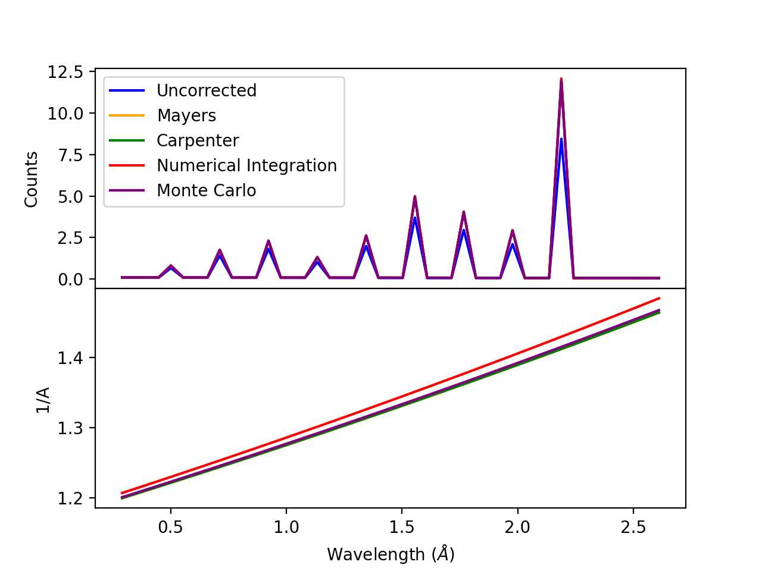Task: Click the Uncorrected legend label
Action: pos(206,90)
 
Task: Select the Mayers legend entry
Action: pos(186,115)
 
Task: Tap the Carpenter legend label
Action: pos(197,140)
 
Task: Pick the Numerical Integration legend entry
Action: pos(246,165)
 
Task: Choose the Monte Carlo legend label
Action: pos(206,190)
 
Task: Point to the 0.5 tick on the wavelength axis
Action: pos(171,526)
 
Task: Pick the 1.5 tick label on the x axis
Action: pos(402,526)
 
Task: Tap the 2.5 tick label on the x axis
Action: pos(633,526)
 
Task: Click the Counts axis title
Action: pos(32,180)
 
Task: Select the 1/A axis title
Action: pos(43,400)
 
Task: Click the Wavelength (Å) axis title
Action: pos(391,554)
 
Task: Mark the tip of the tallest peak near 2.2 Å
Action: pos(561,79)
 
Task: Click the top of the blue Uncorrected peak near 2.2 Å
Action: pos(561,139)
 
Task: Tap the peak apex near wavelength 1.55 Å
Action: pos(414,196)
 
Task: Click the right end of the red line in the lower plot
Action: pos(660,298)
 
